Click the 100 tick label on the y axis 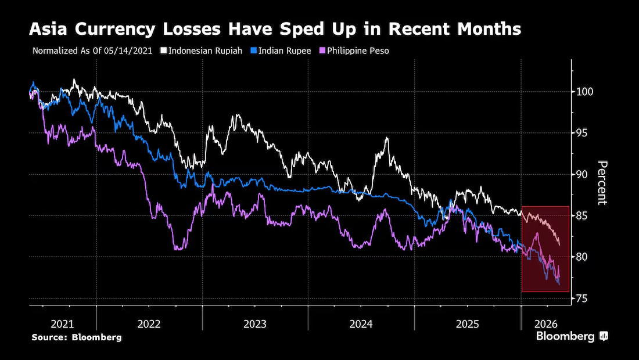[x=584, y=92]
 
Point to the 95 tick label [x=581, y=133]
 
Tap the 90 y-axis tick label [x=581, y=174]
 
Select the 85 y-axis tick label [x=581, y=215]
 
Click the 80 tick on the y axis [x=581, y=257]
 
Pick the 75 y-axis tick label [x=581, y=298]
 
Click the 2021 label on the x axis [x=62, y=324]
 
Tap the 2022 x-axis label [x=149, y=324]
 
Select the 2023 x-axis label [x=255, y=324]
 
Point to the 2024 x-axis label [x=361, y=324]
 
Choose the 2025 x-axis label [x=468, y=324]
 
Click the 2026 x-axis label [x=545, y=324]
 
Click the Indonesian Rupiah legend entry [x=202, y=51]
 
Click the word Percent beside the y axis [x=602, y=183]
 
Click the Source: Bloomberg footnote [x=77, y=337]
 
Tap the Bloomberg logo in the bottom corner [x=572, y=336]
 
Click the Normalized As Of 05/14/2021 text [x=92, y=51]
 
